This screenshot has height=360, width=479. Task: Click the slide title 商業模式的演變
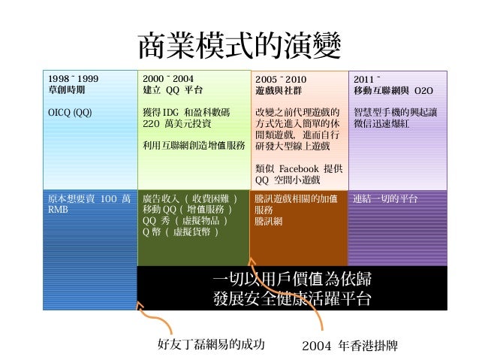click(x=239, y=47)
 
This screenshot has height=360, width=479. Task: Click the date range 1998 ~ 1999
click(x=72, y=77)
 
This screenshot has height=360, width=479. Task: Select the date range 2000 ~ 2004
click(x=167, y=77)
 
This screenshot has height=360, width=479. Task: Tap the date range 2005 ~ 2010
click(x=281, y=77)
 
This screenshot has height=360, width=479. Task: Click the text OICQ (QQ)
click(x=70, y=112)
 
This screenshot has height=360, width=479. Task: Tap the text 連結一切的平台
click(x=386, y=199)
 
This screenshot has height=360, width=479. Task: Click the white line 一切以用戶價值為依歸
click(x=291, y=280)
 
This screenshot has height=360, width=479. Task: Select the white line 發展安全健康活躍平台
click(x=291, y=298)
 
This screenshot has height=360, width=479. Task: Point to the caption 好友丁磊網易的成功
click(x=212, y=345)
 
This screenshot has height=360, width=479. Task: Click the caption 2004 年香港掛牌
click(x=348, y=346)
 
